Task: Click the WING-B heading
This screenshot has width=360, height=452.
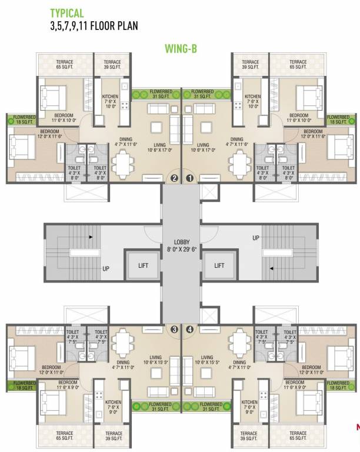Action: click(x=181, y=50)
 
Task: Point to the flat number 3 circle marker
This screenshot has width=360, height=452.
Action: click(x=174, y=330)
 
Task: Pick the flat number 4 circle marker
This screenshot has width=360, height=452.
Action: click(x=189, y=330)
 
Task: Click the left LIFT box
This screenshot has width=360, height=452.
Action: click(x=142, y=265)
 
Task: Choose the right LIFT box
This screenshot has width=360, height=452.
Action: click(x=219, y=265)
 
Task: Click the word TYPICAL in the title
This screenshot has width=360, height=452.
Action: click(x=66, y=12)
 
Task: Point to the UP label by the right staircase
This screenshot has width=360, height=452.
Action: click(x=255, y=238)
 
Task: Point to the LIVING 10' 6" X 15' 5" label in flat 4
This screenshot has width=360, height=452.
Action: click(x=207, y=360)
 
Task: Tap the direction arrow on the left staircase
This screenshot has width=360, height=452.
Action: click(x=90, y=237)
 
